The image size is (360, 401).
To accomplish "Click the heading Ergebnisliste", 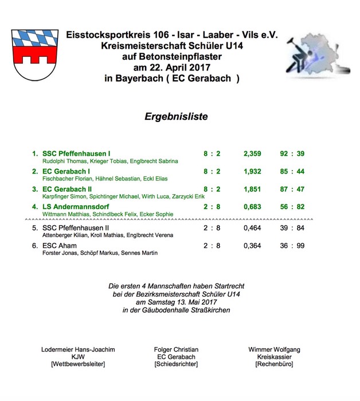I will (x=176, y=116).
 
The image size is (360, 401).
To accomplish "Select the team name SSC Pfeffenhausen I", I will (x=75, y=154).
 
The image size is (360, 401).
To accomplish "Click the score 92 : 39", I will (x=292, y=154).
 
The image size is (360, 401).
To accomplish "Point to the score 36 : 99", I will (x=292, y=246).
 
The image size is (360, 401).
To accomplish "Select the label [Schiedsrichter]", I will (x=176, y=364).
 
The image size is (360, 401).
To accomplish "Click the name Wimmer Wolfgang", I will (x=274, y=349).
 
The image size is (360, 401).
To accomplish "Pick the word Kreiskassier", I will (x=274, y=356).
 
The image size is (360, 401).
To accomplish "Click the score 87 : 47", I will (x=292, y=188).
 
